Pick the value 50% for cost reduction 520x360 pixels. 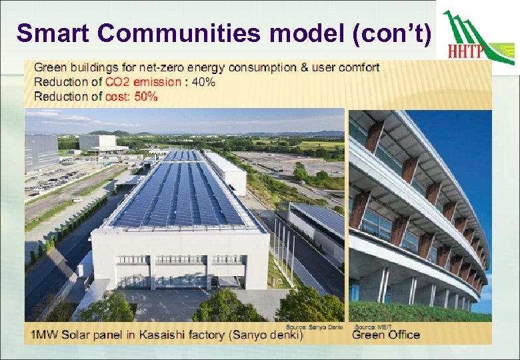coord(145,97)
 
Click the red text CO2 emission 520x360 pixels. coord(143,82)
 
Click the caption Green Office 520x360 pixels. coord(386,335)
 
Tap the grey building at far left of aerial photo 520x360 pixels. coord(41,151)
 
